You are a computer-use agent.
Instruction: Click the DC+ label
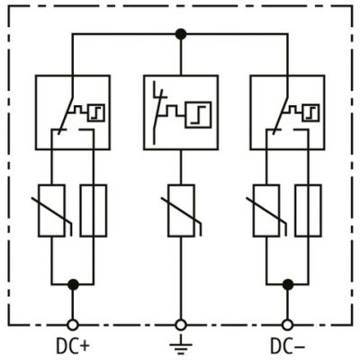click(73, 345)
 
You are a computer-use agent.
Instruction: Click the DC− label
click(287, 345)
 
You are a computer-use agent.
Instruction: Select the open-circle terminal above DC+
click(73, 323)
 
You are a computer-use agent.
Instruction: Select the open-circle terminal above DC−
click(287, 323)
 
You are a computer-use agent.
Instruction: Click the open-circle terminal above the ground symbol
click(180, 323)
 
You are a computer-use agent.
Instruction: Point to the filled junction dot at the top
click(180, 34)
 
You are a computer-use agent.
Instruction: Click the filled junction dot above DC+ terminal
click(73, 284)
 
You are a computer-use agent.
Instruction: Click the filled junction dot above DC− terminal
click(287, 284)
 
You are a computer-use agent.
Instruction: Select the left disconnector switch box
click(72, 112)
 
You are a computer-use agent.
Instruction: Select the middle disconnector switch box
click(180, 112)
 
